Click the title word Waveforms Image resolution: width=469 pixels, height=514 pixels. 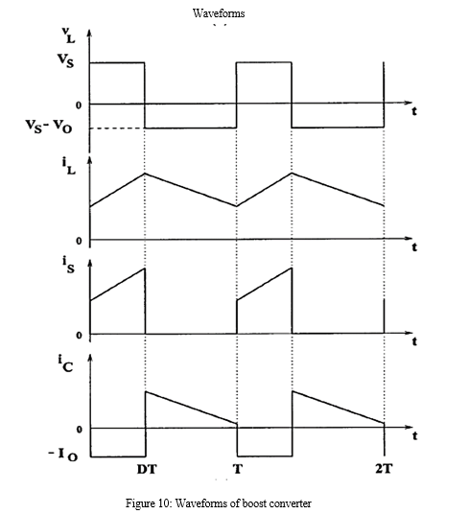[x=219, y=13]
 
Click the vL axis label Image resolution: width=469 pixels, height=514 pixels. [x=68, y=35]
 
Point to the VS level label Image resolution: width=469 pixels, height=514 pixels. [x=65, y=60]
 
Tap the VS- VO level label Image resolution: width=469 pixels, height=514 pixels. [x=49, y=126]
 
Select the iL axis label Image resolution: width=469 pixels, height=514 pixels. [x=68, y=166]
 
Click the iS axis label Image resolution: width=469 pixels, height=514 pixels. [x=68, y=266]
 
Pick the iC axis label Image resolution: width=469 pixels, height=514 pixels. [x=65, y=363]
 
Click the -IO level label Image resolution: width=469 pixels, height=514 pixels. [x=63, y=455]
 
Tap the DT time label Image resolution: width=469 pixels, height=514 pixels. [x=147, y=470]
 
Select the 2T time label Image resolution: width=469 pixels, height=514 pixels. [x=383, y=469]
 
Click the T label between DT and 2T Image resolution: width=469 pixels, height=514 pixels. [x=238, y=470]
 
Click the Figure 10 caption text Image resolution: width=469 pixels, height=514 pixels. [x=219, y=503]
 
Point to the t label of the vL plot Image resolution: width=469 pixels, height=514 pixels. [x=414, y=111]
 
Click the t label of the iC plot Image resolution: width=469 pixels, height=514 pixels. [x=415, y=436]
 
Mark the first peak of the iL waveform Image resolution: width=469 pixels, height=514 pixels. [x=145, y=173]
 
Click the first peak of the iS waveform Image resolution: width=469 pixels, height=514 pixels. [x=145, y=269]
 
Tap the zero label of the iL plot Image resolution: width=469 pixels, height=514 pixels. [x=79, y=241]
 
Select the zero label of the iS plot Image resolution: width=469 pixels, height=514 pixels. [x=79, y=336]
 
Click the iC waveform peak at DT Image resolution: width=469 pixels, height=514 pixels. [x=146, y=391]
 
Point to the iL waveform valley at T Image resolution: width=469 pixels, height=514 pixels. [x=237, y=206]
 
